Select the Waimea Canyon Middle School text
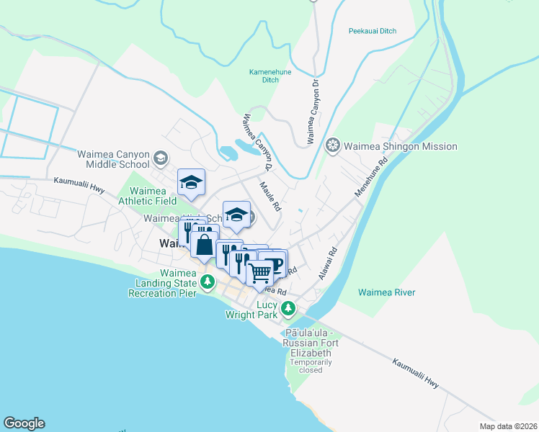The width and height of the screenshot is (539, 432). coord(114,159)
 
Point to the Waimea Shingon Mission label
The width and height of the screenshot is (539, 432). coord(400,146)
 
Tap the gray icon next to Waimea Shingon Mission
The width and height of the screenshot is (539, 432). coord(332,146)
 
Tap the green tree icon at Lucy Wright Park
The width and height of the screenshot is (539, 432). coord(288,309)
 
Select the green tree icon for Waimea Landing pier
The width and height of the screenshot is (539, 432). coord(208,282)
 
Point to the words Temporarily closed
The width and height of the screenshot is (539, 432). coord(310,366)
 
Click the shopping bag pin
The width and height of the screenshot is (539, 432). coord(205,245)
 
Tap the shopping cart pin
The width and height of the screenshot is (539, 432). coord(260,272)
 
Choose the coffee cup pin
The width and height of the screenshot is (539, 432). coord(275,261)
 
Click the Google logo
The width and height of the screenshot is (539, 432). coord(24,423)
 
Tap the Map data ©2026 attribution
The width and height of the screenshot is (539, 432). coord(508,426)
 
